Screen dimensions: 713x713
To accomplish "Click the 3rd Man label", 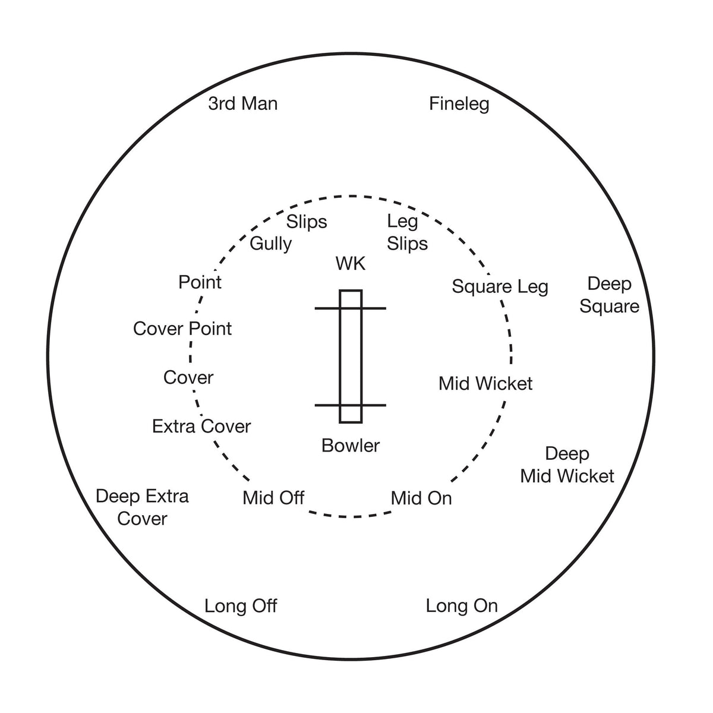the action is coord(242,103).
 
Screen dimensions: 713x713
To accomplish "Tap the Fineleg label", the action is coord(459,105).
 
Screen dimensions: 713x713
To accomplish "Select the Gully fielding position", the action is coord(270,244).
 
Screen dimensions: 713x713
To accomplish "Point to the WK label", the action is coord(351,263).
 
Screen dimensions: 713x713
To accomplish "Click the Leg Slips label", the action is coord(407,232).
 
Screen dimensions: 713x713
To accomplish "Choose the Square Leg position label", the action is coord(500,287).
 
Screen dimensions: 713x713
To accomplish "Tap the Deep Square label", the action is coord(609,295).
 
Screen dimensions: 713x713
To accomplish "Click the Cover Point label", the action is coord(182,329).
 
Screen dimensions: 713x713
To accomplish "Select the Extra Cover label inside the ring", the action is coord(201,426).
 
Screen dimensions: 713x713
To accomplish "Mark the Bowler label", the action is coord(351,446).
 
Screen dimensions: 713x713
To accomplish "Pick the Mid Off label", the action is coord(273,498).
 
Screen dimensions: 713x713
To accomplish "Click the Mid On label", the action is coord(421,499).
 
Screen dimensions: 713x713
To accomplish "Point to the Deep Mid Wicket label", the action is coord(567,465).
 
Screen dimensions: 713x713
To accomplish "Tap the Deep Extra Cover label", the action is coord(142,507).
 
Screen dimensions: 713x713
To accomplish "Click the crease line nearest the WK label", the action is coord(351,308).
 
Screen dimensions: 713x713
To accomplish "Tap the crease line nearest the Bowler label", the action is coord(351,405).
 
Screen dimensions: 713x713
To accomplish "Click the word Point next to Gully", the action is coord(200,282).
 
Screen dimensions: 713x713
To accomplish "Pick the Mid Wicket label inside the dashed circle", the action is coord(485,383).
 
